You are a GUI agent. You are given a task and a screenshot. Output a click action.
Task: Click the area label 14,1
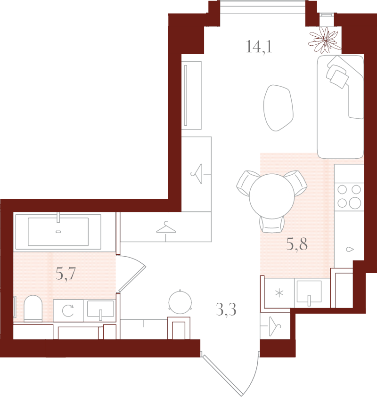click(259, 47)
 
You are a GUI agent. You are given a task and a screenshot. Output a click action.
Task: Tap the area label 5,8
click(297, 244)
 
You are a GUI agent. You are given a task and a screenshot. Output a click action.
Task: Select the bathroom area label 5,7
click(66, 274)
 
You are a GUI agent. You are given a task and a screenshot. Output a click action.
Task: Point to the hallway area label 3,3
click(226, 309)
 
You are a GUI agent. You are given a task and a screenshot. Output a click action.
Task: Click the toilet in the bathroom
click(33, 308)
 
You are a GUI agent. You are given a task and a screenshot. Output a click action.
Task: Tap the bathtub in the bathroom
click(58, 232)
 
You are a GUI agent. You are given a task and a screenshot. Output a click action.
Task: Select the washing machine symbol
click(68, 311)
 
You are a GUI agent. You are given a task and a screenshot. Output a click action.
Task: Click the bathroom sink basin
click(100, 308)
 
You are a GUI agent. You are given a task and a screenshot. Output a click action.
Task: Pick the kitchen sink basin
click(309, 292)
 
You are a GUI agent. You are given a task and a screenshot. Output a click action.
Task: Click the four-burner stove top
click(349, 196)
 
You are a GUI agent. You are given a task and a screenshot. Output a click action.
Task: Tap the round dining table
click(272, 196)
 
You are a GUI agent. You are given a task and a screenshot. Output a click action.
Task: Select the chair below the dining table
click(272, 224)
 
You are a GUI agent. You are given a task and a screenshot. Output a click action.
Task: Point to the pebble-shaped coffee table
click(278, 108)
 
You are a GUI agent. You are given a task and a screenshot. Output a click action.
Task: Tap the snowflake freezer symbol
click(279, 293)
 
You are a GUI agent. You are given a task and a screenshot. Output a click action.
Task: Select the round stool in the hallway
click(180, 302)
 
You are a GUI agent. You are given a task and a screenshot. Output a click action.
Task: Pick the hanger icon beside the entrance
click(274, 326)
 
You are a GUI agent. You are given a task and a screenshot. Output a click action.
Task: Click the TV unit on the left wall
click(191, 95)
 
